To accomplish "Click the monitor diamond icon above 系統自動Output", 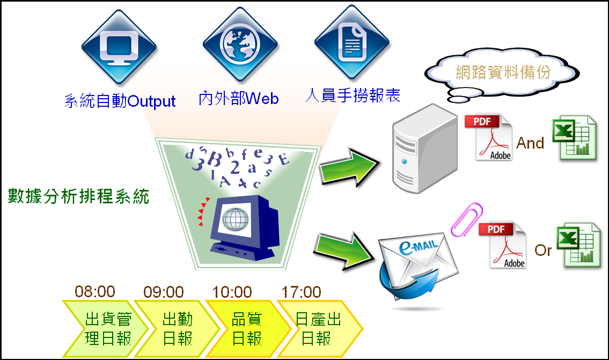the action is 119,47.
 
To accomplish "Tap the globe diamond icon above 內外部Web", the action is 240,44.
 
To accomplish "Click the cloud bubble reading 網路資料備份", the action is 502,74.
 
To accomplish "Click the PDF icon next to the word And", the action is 489,137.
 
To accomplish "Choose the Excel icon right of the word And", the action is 575,138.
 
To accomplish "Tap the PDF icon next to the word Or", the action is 503,245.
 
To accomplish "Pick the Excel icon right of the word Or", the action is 579,245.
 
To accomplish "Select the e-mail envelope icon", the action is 417,268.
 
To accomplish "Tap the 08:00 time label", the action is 95,292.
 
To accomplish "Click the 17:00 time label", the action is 301,292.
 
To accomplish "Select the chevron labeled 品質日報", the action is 248,328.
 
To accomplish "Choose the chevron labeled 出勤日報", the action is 177,328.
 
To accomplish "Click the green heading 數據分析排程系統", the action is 78,196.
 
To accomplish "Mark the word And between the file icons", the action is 530,143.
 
